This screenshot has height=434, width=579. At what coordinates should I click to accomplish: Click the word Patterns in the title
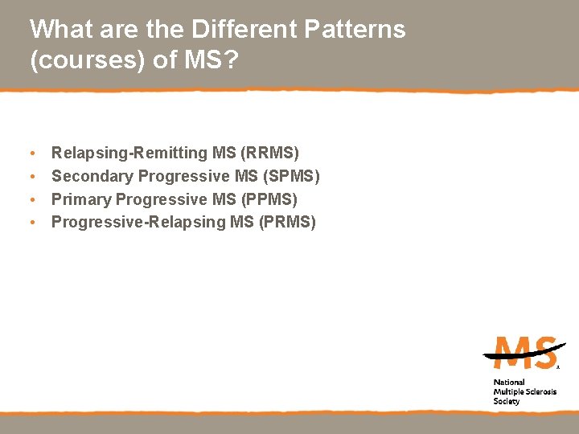click(x=356, y=30)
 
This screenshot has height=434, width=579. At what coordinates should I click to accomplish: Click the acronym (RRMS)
click(x=269, y=152)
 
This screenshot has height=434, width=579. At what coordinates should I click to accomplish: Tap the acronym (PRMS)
click(x=287, y=222)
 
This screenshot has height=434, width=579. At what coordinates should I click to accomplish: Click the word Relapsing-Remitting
click(x=129, y=152)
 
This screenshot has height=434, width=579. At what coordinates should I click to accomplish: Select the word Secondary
click(x=92, y=175)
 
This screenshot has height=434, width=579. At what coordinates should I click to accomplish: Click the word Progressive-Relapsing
click(x=138, y=222)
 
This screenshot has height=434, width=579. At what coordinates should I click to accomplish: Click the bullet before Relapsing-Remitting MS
click(x=31, y=153)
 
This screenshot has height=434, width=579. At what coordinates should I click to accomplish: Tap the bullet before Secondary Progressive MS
click(x=31, y=176)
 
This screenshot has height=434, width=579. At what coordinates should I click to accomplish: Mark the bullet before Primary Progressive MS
click(x=31, y=199)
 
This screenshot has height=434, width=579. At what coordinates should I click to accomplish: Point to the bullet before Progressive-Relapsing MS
click(x=31, y=223)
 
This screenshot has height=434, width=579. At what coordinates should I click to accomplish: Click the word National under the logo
click(x=509, y=383)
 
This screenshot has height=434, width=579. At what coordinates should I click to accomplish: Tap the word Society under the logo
click(x=507, y=401)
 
